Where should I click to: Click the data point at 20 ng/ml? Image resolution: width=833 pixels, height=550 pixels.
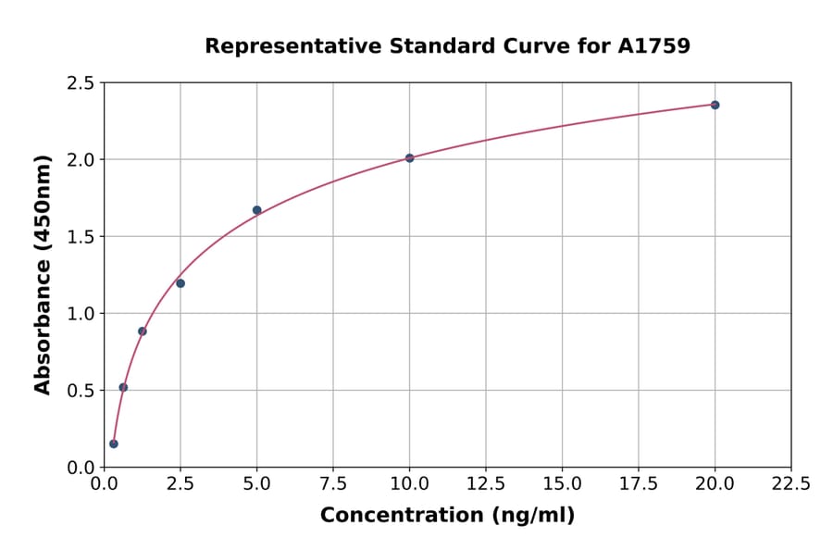click(715, 105)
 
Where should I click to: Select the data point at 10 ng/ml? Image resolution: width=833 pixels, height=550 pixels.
click(409, 158)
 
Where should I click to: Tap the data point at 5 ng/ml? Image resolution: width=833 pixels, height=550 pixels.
click(256, 210)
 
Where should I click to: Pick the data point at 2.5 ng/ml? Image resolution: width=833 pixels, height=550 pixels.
click(180, 283)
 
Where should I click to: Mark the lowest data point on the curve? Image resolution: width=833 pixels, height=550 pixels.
click(114, 444)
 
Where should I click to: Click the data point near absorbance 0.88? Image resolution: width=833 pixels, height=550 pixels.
click(143, 331)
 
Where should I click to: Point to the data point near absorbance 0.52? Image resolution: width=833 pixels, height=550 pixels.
click(123, 387)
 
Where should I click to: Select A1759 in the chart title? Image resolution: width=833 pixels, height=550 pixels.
click(653, 45)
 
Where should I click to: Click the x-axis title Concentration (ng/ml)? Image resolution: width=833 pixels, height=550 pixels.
click(447, 516)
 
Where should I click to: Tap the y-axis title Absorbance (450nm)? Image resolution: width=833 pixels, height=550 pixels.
click(43, 274)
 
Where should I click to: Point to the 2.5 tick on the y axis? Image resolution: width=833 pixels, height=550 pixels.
click(80, 83)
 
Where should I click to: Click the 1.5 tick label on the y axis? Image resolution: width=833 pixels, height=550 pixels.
click(80, 237)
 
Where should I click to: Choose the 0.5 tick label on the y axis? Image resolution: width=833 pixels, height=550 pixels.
click(80, 391)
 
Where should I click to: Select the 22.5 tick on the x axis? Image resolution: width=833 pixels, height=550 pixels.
click(790, 483)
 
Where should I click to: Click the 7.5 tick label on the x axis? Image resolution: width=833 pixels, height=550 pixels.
click(333, 483)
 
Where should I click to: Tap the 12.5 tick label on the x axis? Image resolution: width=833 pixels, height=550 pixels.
click(486, 483)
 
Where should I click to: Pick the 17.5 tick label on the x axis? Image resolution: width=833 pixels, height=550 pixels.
click(639, 483)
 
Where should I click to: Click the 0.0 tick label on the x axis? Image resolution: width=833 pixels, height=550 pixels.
click(105, 483)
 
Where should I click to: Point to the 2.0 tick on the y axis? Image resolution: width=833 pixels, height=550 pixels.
click(80, 160)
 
